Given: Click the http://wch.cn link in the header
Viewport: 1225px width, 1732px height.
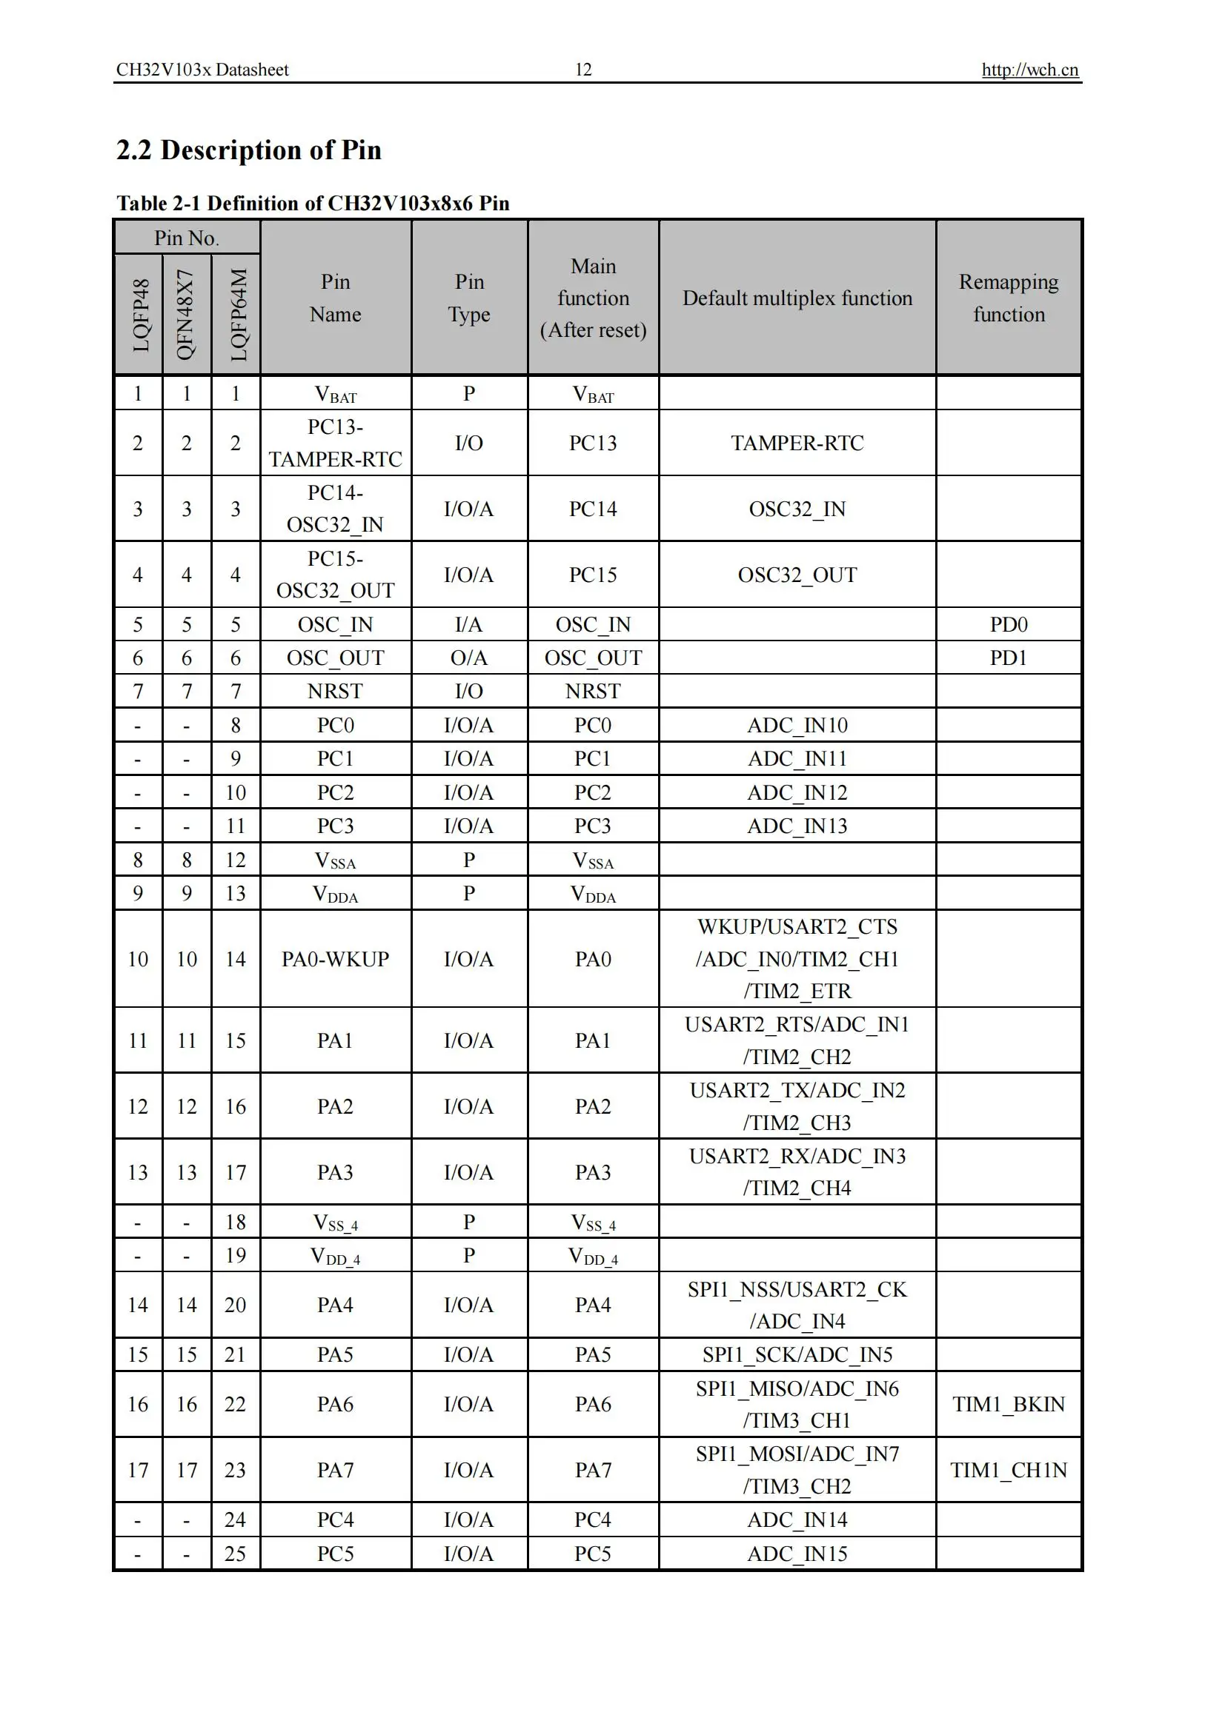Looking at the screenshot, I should point(1029,70).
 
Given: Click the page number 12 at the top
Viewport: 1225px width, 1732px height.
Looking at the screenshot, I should point(583,70).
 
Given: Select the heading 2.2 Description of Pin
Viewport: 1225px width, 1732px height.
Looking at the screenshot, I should point(248,150).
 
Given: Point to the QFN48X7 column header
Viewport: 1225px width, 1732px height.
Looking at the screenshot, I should point(186,315).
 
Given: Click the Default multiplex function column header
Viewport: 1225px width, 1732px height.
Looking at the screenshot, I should point(797,298).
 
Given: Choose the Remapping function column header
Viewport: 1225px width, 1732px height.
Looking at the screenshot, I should point(1009,298).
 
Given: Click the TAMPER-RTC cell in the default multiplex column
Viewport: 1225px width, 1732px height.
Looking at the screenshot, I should point(797,443).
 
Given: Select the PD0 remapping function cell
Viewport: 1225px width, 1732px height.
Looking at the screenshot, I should point(1009,625).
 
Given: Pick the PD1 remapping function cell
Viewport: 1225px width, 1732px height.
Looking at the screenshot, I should point(1009,658).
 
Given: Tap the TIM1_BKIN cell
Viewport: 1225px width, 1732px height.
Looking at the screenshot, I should point(1009,1404).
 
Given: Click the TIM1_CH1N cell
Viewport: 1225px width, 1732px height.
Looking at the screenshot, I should point(1009,1469).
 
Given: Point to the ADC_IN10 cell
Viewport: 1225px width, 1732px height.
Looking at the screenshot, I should point(797,725).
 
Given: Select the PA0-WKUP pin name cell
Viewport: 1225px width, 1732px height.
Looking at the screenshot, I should point(335,959).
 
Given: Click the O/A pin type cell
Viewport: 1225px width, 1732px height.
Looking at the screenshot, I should point(468,658).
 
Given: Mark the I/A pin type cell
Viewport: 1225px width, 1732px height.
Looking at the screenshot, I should point(468,625).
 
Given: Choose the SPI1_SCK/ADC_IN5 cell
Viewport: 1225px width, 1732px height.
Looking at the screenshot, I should point(797,1354).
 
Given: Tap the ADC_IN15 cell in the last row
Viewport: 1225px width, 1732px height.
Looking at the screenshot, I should point(797,1554).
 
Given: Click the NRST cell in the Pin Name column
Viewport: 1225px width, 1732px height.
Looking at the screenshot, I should point(335,691).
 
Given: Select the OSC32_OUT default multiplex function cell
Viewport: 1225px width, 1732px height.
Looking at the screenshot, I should point(797,575).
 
